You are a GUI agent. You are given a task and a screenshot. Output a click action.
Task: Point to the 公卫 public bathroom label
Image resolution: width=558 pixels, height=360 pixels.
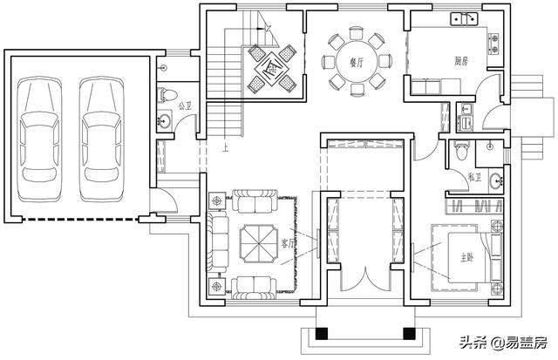coord(183,105)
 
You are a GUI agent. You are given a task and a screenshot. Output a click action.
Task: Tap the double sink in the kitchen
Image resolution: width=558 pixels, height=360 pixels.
coord(463,17)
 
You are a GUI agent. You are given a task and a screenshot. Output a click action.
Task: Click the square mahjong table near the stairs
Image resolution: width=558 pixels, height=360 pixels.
coord(271,67)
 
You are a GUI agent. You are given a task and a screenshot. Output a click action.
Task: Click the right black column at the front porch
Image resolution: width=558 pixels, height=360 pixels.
coord(407,333)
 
